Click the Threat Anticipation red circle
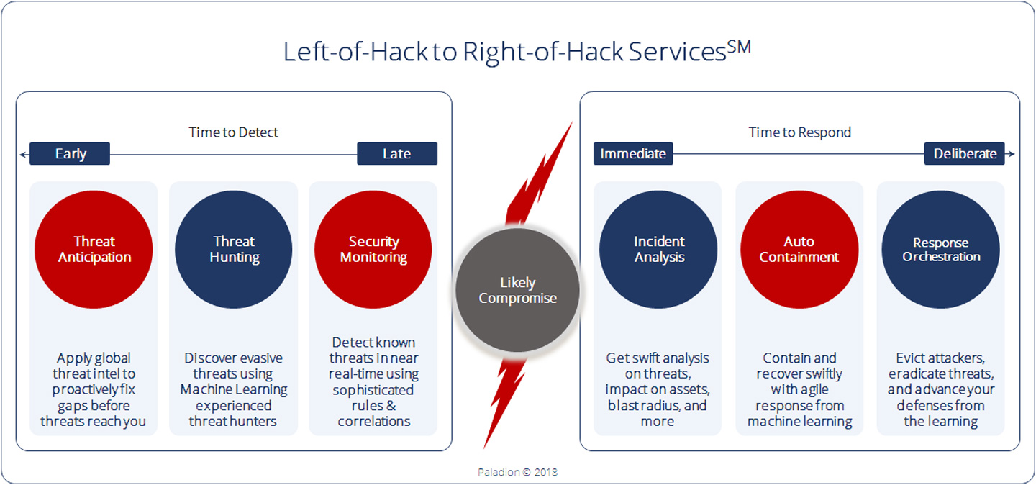click(94, 250)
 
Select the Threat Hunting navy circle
click(234, 250)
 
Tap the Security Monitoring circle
click(373, 250)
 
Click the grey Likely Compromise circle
click(517, 290)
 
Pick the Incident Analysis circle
click(658, 250)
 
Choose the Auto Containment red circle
click(799, 250)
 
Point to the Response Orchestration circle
click(941, 250)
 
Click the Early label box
click(70, 153)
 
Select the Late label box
click(397, 153)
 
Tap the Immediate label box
click(633, 153)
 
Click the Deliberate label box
click(965, 153)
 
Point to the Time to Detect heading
click(234, 132)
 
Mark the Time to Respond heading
click(800, 132)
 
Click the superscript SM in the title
click(739, 47)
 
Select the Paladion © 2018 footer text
click(517, 472)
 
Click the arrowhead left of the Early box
click(23, 154)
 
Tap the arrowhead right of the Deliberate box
click(1012, 154)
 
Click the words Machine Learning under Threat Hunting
click(234, 390)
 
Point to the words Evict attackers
click(940, 358)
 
